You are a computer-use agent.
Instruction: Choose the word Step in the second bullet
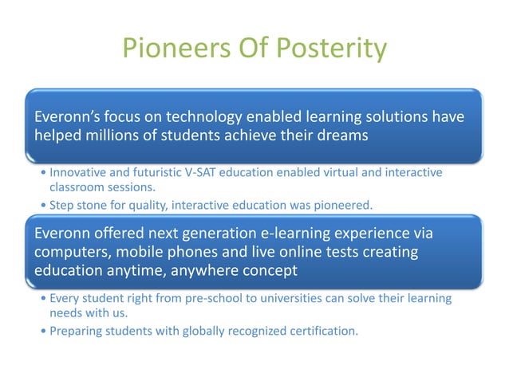point(63,206)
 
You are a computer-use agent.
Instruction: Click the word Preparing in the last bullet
point(77,331)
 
